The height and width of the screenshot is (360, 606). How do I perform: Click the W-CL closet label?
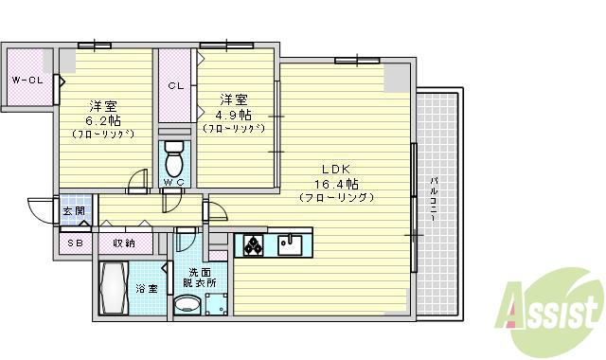27,81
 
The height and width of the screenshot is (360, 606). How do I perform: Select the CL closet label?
175,85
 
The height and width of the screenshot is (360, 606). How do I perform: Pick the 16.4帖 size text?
337,183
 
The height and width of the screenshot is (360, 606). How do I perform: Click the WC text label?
173,182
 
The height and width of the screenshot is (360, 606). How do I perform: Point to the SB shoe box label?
74,243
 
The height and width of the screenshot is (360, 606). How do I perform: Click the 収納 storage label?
123,243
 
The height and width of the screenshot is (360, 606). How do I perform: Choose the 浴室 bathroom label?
146,288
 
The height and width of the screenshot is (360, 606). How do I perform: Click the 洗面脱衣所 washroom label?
200,278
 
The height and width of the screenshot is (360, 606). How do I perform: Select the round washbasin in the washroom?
188,304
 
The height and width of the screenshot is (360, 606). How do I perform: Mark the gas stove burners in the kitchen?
255,245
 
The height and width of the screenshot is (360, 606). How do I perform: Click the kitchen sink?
292,245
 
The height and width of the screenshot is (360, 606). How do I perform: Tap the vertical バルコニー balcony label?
432,199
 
